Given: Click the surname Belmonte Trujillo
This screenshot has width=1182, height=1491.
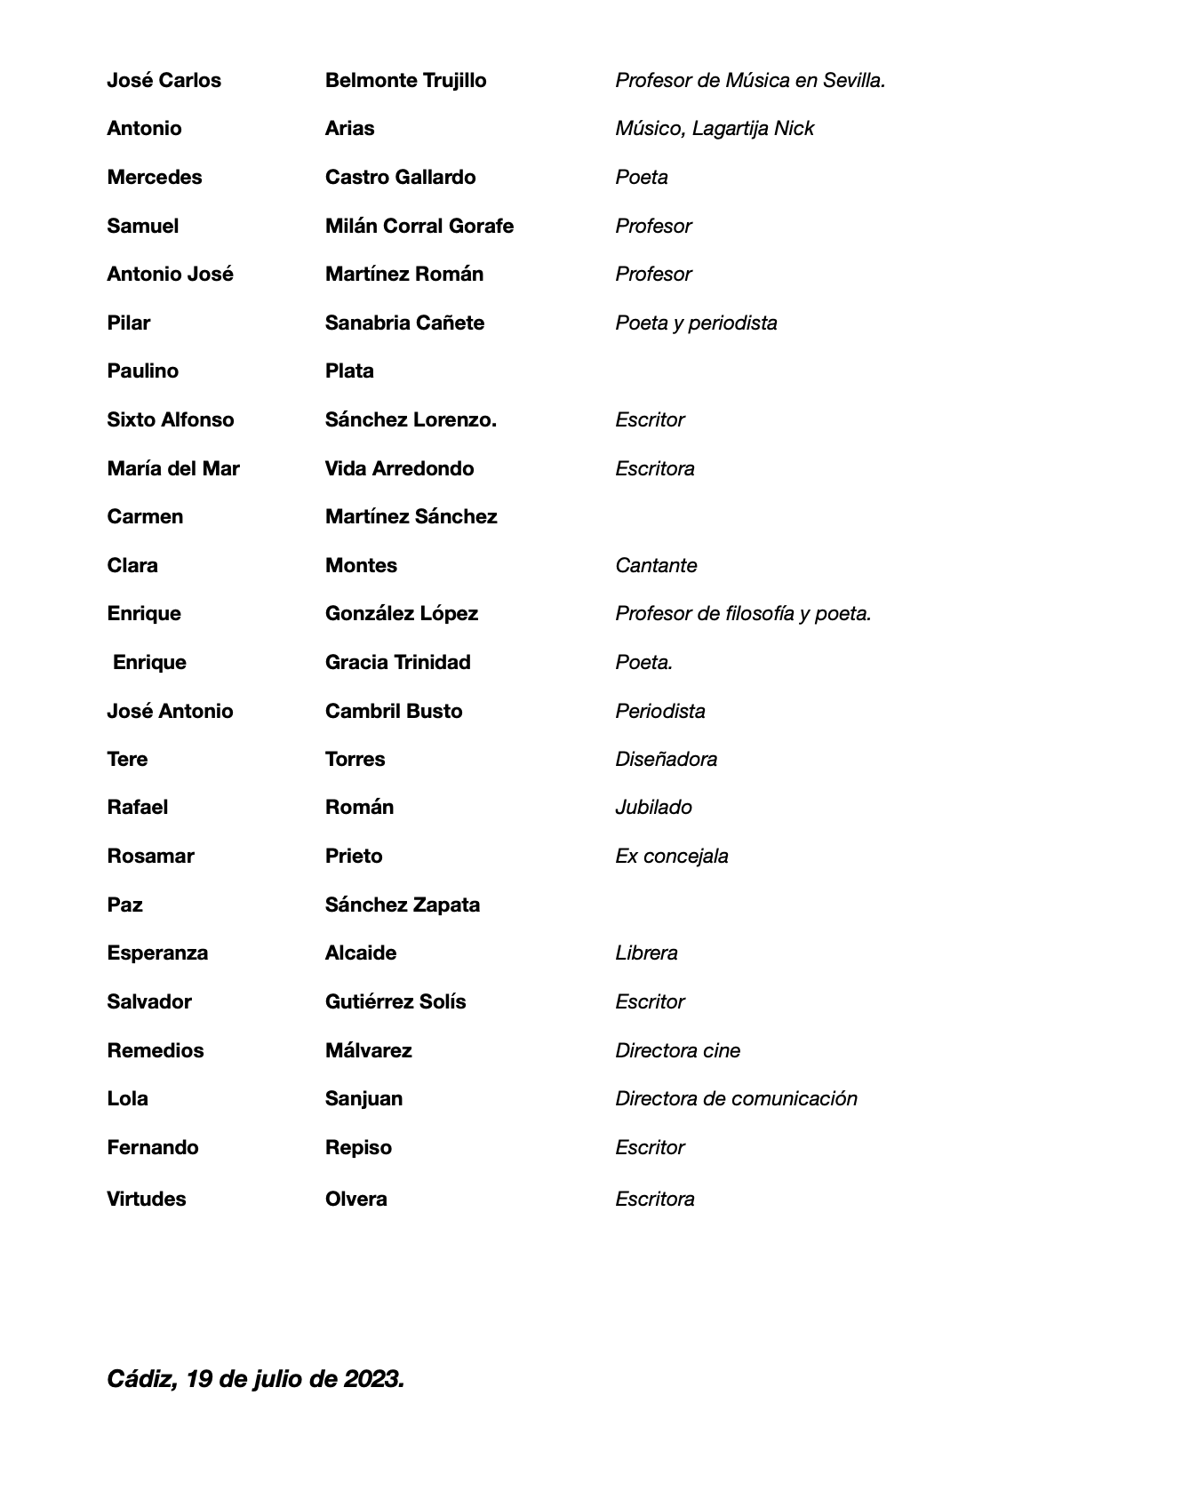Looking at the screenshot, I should [405, 81].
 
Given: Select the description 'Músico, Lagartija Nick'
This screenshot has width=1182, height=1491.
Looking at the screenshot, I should [714, 129].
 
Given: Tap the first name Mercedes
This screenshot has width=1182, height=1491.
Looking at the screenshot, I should [154, 178].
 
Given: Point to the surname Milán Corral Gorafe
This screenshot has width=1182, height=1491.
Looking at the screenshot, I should [419, 227].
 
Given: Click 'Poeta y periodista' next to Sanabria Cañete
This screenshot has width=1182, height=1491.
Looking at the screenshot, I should [695, 323].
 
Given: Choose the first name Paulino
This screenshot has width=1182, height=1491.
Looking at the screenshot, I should [142, 371].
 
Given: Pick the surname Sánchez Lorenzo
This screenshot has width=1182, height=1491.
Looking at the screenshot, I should [411, 420].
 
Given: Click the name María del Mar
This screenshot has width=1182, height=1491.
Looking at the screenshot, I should [172, 469].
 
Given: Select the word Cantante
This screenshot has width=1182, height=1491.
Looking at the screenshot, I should [655, 566].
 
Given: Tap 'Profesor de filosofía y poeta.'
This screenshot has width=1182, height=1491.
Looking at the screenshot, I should [742, 614].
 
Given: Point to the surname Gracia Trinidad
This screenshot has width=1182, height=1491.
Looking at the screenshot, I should [397, 663].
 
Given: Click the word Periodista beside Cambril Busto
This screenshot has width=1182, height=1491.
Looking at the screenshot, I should [659, 712].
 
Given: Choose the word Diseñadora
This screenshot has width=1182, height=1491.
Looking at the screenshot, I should [666, 760].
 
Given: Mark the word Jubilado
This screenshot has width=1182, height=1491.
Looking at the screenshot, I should [653, 808].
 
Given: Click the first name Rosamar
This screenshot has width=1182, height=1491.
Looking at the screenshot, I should [150, 857].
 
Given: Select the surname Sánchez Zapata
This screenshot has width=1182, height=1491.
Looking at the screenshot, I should [402, 905].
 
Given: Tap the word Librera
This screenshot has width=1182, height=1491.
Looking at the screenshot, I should [646, 953].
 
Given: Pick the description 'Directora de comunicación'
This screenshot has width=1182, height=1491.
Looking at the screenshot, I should [736, 1099].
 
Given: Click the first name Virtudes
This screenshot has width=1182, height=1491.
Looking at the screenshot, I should [146, 1200].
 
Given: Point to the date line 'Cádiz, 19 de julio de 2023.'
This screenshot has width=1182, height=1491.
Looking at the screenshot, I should [255, 1379].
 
